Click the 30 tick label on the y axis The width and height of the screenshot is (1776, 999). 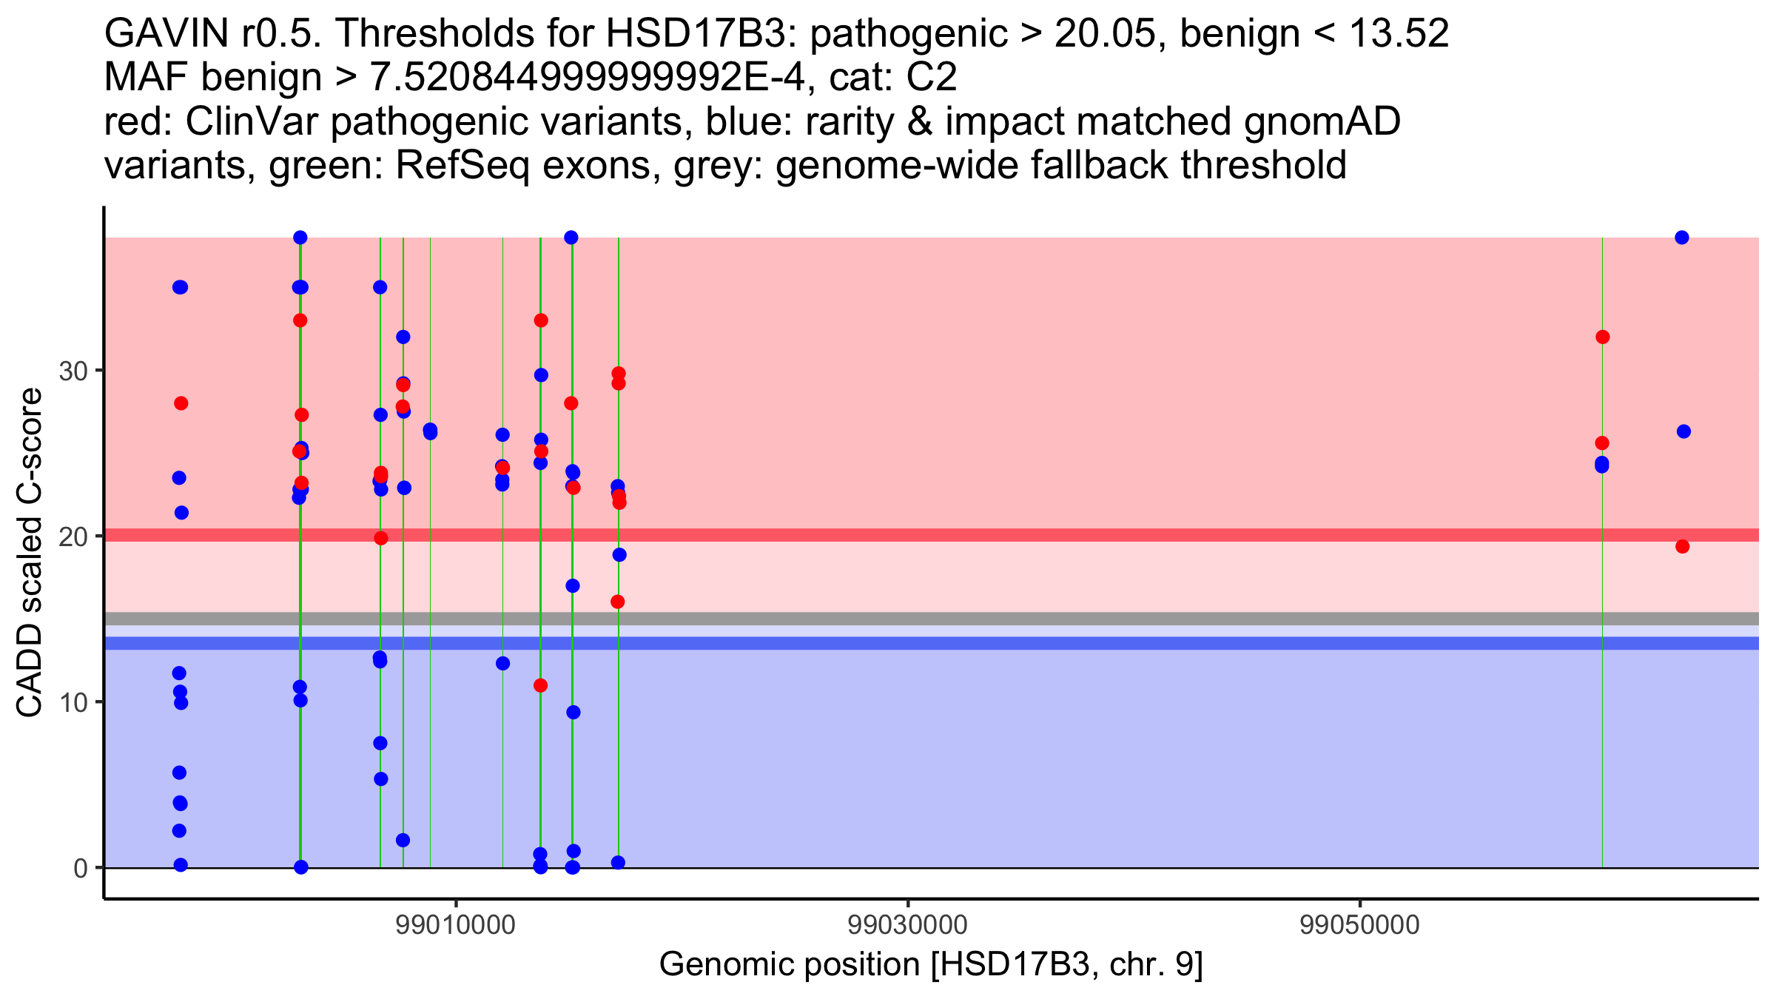73,371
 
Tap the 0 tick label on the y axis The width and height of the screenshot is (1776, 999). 81,868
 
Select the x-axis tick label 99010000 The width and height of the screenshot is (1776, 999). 456,925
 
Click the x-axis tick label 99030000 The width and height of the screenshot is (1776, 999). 908,925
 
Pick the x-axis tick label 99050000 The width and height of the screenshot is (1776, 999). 1360,925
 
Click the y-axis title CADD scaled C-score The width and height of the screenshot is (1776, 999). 30,553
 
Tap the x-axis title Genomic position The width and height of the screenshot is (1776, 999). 931,965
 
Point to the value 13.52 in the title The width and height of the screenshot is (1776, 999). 1399,33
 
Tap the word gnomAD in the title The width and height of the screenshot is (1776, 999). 1322,121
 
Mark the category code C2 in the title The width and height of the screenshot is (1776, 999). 931,77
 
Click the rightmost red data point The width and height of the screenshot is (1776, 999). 1682,547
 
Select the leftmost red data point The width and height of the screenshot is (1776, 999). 181,403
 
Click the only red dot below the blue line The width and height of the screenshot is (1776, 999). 541,686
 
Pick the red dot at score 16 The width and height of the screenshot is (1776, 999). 618,602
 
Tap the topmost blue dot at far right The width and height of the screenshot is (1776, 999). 1682,238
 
